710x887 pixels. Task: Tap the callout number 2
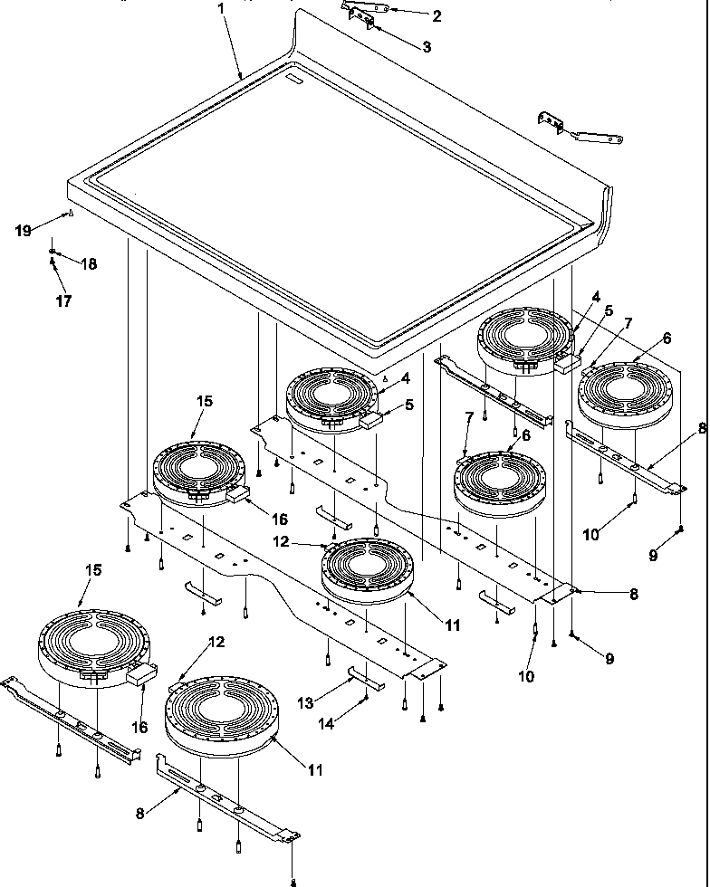coord(437,15)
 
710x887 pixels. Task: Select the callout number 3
coord(426,45)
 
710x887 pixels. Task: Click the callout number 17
coord(63,300)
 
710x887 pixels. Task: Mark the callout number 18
coord(90,264)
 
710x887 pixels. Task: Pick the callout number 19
coord(23,231)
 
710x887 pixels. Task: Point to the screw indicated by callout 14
coord(366,697)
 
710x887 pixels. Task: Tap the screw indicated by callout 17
coord(53,262)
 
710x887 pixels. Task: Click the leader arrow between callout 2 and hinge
coord(408,13)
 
